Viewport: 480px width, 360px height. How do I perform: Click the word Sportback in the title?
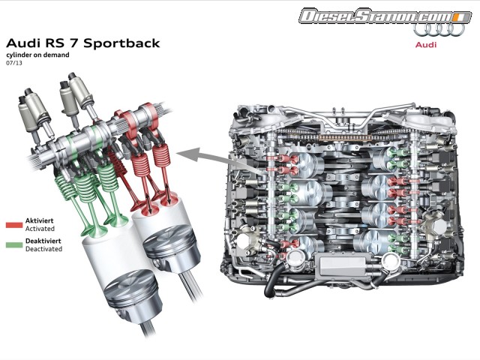[121, 43]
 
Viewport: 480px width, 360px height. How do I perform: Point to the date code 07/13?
[13, 63]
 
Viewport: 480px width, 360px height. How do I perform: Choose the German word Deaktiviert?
[43, 241]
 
